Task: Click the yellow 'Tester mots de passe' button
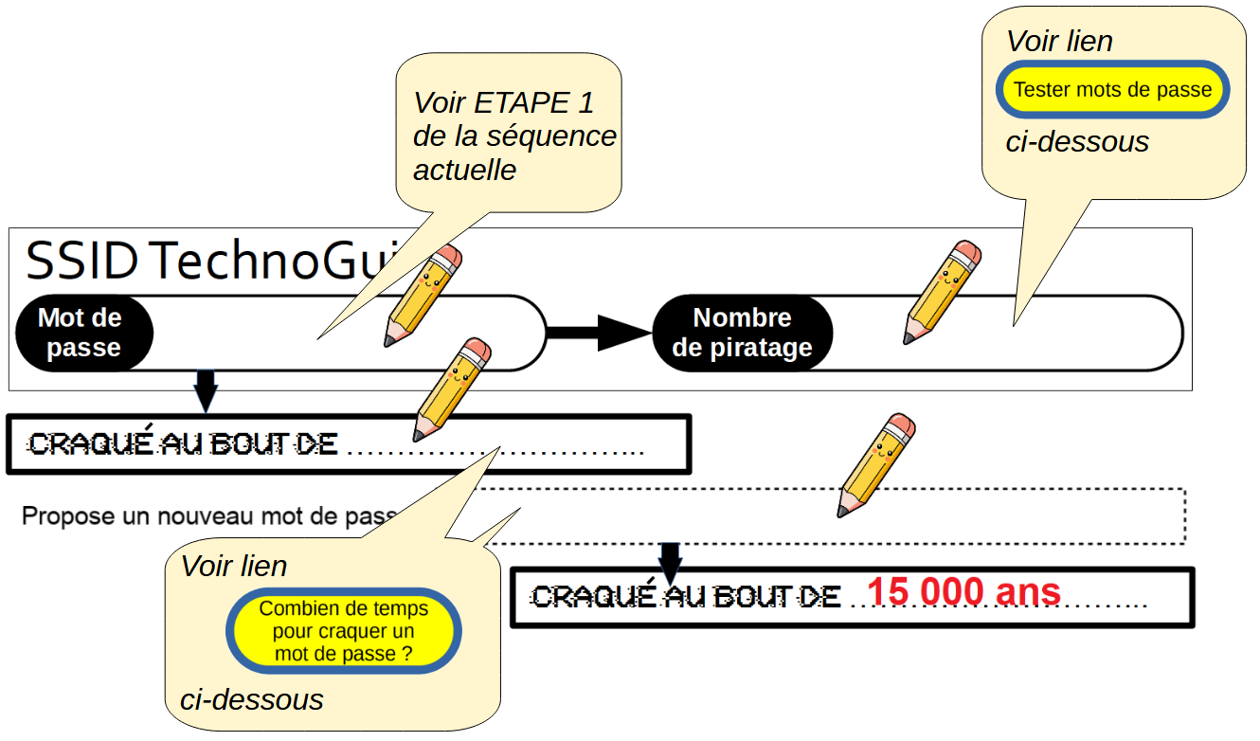1112,91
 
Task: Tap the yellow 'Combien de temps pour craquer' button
343,631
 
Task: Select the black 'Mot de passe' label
81,333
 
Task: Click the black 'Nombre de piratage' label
742,333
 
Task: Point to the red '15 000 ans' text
963,592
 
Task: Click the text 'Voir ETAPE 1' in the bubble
503,102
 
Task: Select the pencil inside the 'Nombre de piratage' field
942,293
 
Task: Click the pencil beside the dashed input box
876,465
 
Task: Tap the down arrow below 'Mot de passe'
206,389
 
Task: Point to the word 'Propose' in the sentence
61,516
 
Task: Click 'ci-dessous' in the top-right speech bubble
1076,142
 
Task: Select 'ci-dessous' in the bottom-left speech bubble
251,700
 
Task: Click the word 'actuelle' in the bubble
464,171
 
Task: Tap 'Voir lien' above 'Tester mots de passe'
1058,42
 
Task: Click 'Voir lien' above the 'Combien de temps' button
233,567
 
